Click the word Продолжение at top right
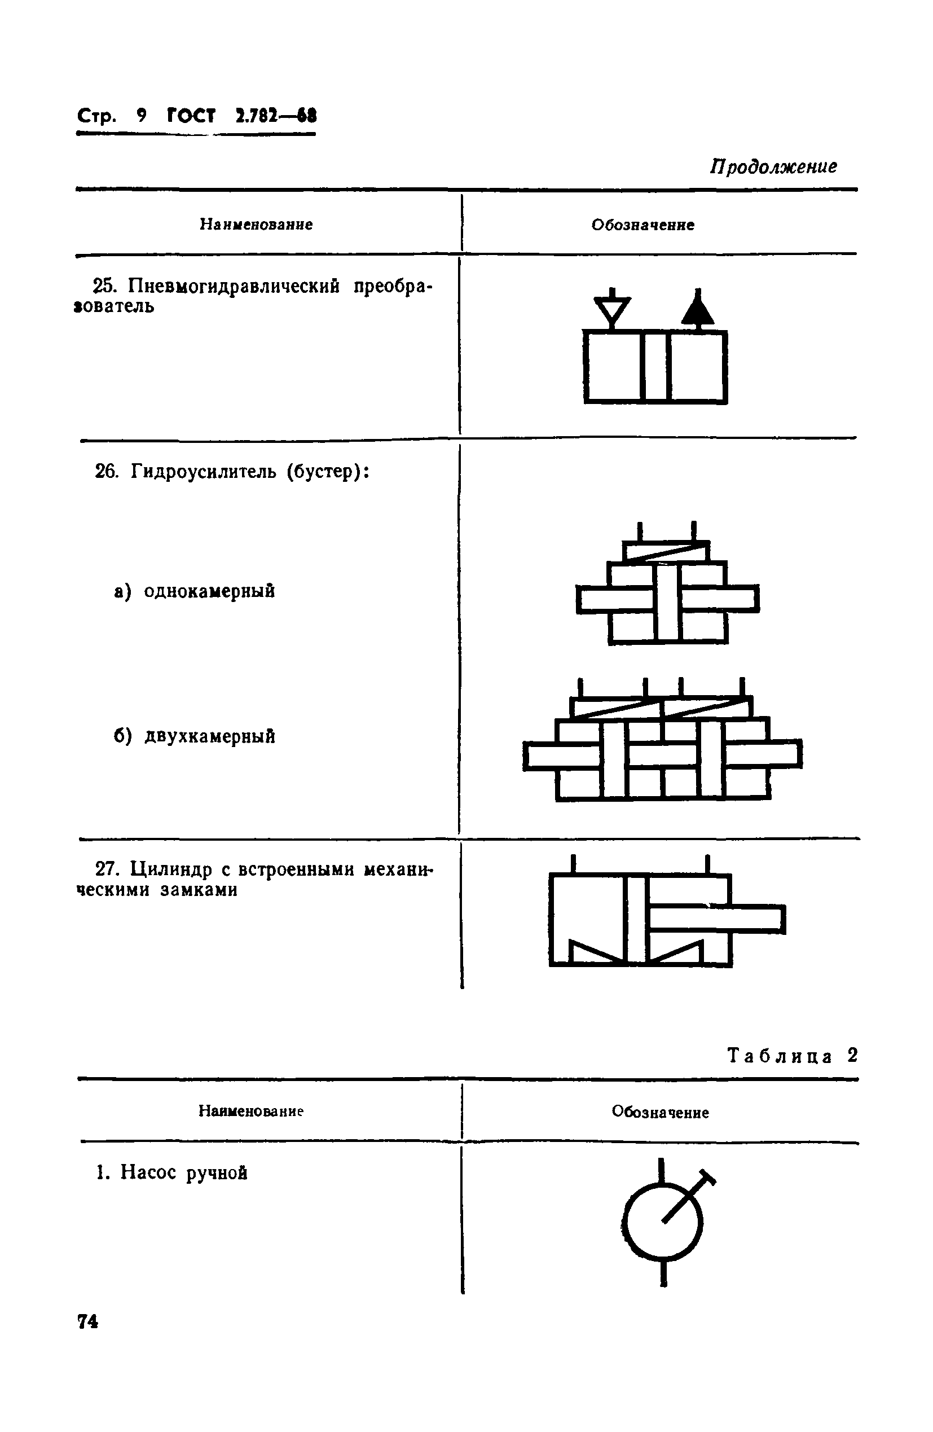coord(773,166)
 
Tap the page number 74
coord(88,1321)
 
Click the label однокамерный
coord(209,591)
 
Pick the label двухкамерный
coord(209,736)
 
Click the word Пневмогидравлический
coord(234,286)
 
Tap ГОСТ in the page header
coord(191,115)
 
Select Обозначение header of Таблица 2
coord(660,1112)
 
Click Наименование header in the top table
coord(256,225)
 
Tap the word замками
coord(199,890)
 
